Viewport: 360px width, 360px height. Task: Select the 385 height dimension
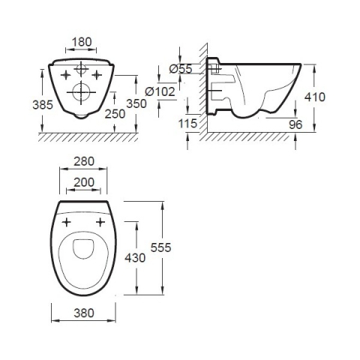click(x=43, y=105)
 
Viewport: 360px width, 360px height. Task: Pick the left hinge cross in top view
click(x=66, y=223)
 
